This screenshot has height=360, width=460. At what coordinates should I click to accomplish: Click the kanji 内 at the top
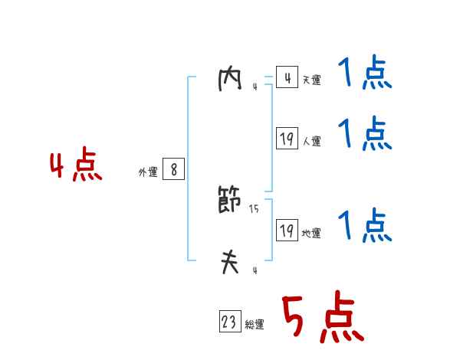(229, 80)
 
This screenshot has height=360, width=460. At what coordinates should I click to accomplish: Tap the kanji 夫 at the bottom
(229, 263)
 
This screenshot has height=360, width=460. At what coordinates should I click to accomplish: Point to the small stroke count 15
(255, 209)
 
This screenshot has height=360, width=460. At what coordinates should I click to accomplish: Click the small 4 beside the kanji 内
(255, 87)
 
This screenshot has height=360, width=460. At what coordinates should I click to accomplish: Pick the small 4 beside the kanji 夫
(255, 270)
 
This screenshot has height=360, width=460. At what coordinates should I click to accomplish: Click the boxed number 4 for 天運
(287, 77)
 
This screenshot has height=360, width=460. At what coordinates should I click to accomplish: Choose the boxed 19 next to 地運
(287, 230)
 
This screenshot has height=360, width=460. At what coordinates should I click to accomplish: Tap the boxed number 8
(174, 169)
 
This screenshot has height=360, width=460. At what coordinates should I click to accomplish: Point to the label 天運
(311, 80)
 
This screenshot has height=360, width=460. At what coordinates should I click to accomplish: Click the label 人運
(311, 142)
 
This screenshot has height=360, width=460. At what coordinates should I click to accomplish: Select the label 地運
(311, 234)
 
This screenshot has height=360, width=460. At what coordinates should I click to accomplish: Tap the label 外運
(147, 173)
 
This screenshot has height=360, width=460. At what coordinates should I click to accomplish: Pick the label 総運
(255, 326)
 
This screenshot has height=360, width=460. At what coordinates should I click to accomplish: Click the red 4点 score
(76, 166)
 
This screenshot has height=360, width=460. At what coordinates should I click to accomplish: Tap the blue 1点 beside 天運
(365, 74)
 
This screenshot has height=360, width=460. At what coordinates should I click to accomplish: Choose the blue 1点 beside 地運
(365, 225)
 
